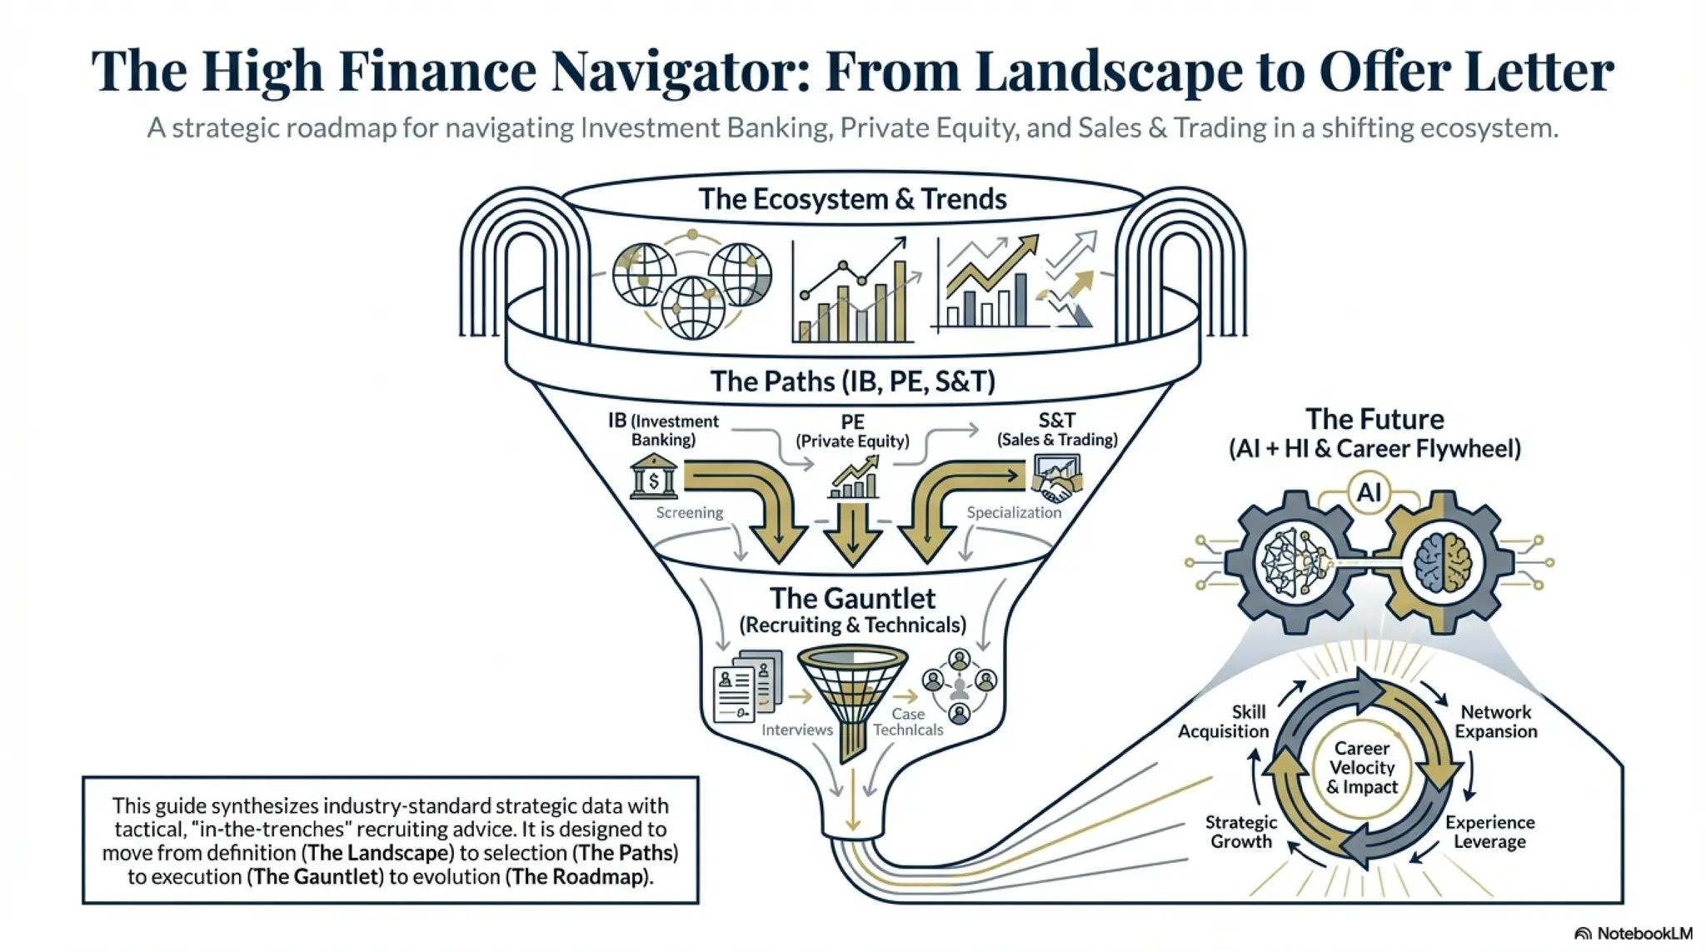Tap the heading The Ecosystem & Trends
click(x=852, y=199)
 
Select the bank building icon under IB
click(x=654, y=477)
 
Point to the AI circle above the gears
click(x=1369, y=492)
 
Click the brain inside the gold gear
click(x=1444, y=562)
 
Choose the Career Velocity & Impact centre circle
click(x=1362, y=767)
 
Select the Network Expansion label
click(x=1496, y=721)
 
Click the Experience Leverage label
click(x=1490, y=831)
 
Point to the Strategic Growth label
click(x=1241, y=831)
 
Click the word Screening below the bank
click(x=690, y=512)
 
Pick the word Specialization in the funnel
click(x=1014, y=512)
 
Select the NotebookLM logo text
click(x=1644, y=934)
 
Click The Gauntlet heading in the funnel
click(x=852, y=599)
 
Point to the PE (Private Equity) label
click(x=852, y=431)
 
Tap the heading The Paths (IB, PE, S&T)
click(x=852, y=381)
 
